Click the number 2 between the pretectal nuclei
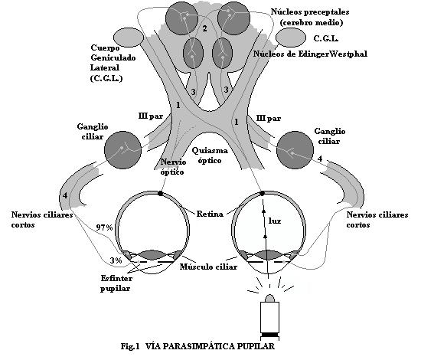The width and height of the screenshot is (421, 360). (x=204, y=28)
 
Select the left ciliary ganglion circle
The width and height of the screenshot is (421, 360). (x=122, y=148)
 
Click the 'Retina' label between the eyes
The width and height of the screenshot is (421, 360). (x=209, y=214)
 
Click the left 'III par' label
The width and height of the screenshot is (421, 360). (x=149, y=118)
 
